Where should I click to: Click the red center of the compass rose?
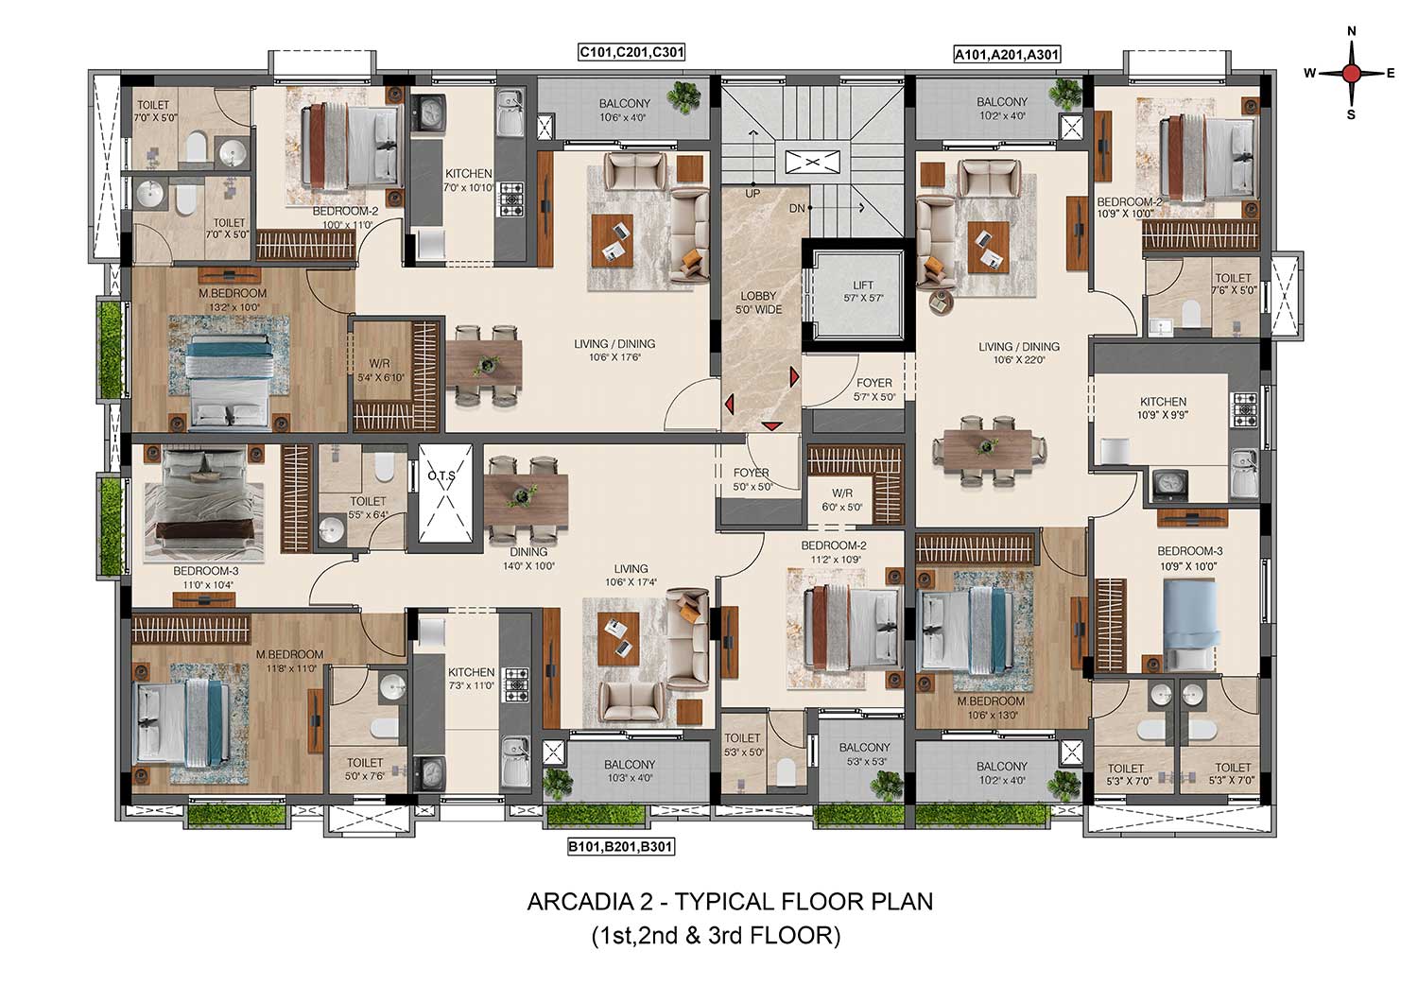[x=1351, y=74]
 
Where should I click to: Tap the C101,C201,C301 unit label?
[x=631, y=52]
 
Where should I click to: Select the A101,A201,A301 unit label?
[x=1007, y=55]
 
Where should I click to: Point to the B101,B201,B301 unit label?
[x=620, y=846]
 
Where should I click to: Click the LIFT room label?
[x=863, y=291]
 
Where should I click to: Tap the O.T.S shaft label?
[x=441, y=476]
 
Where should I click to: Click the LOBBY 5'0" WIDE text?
[x=758, y=303]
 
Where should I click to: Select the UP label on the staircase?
[x=752, y=193]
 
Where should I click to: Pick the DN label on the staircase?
[x=798, y=208]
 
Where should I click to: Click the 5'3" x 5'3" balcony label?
[x=864, y=754]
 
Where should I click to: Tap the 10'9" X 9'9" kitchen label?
[x=1163, y=408]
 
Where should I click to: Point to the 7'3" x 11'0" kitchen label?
[x=471, y=678]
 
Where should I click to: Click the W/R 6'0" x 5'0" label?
[x=842, y=499]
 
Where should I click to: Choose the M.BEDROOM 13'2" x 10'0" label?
[x=232, y=300]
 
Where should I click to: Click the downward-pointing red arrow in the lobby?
[x=771, y=425]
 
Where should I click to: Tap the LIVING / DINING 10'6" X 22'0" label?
[x=1018, y=353]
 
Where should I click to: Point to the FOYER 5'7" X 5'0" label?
[x=874, y=389]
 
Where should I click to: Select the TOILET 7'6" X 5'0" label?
[x=1233, y=285]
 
